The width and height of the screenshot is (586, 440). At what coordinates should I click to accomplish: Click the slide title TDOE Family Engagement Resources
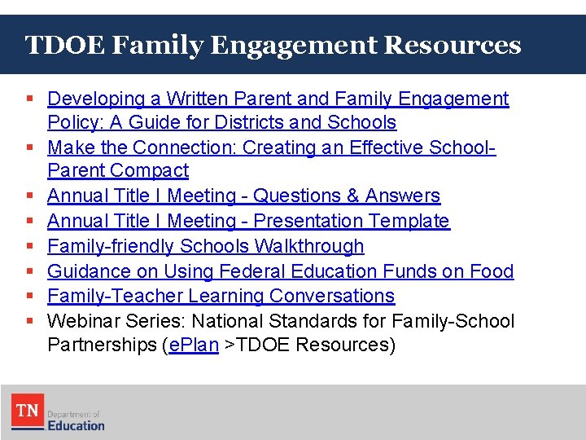point(273,45)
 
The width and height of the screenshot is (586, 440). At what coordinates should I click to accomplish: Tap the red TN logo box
point(28,411)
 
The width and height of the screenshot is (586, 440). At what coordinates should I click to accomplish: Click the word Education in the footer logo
point(76,425)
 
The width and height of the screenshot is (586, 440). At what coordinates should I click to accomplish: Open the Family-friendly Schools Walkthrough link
point(205,246)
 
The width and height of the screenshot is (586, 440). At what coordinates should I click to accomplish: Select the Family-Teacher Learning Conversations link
point(221,296)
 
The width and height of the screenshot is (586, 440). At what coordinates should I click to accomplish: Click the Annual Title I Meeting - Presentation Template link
point(248,221)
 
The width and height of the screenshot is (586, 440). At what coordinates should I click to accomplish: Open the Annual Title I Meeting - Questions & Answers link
point(243,196)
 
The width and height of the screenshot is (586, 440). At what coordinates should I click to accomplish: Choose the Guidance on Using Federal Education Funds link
point(280,271)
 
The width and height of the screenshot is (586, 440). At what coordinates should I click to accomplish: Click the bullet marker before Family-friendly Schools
point(30,246)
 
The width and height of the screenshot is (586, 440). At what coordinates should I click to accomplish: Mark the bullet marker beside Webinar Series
point(30,321)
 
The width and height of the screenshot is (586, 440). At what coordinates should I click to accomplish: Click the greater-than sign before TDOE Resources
point(230,345)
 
